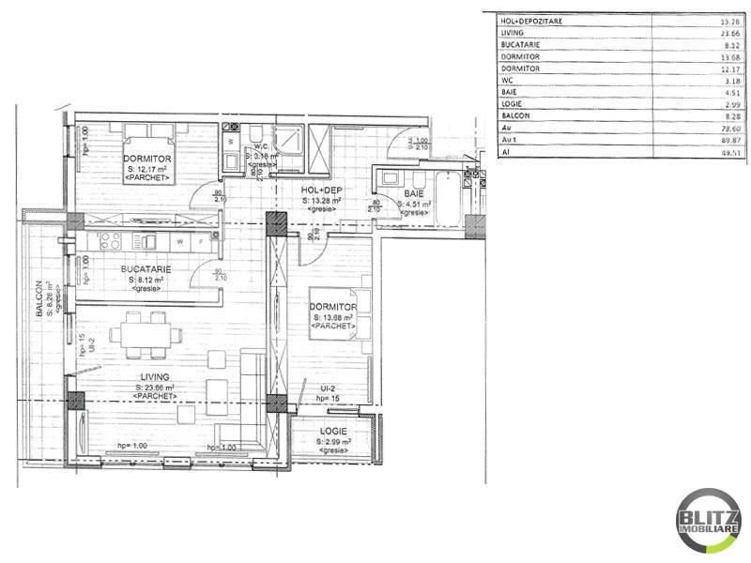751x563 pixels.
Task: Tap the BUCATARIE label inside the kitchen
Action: coord(146,268)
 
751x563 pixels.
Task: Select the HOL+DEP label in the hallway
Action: coord(321,190)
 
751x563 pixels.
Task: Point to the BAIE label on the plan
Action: coord(414,192)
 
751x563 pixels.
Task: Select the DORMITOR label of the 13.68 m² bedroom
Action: coord(334,308)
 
